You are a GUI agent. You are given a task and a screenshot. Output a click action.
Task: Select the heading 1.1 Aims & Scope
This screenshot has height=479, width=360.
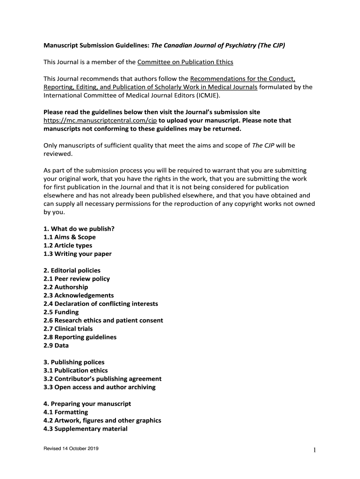(x=70, y=237)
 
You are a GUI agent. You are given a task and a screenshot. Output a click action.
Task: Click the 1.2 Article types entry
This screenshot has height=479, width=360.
(x=68, y=246)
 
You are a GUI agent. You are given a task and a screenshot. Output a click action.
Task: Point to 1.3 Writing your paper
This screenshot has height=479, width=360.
(x=78, y=254)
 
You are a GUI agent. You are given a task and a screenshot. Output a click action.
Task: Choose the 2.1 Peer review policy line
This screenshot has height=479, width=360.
(x=77, y=279)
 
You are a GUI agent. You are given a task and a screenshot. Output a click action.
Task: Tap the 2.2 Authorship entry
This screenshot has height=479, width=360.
(x=65, y=287)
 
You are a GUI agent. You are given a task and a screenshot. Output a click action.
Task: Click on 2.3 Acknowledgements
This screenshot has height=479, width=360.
(x=79, y=296)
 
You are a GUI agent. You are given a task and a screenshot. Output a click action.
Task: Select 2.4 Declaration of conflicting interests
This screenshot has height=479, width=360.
(x=101, y=304)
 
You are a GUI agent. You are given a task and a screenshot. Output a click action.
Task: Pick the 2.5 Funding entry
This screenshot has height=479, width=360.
(x=61, y=312)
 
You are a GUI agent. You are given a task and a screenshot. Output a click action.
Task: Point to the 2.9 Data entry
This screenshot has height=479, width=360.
(x=56, y=346)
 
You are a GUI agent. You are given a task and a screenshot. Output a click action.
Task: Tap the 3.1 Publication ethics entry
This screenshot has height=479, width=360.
(x=76, y=370)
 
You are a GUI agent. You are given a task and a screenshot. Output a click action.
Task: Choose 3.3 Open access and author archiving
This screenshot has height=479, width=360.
(x=100, y=387)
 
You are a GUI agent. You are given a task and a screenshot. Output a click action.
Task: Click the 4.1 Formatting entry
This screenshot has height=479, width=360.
(x=66, y=412)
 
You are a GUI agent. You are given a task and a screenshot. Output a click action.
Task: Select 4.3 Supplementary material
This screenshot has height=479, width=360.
(x=86, y=429)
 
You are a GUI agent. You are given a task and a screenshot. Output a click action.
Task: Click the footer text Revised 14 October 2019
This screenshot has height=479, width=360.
(x=71, y=450)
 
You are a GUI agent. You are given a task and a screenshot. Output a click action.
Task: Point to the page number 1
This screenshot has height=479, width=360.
(x=315, y=450)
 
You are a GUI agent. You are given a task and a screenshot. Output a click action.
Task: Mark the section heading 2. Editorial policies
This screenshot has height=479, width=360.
(x=72, y=270)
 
